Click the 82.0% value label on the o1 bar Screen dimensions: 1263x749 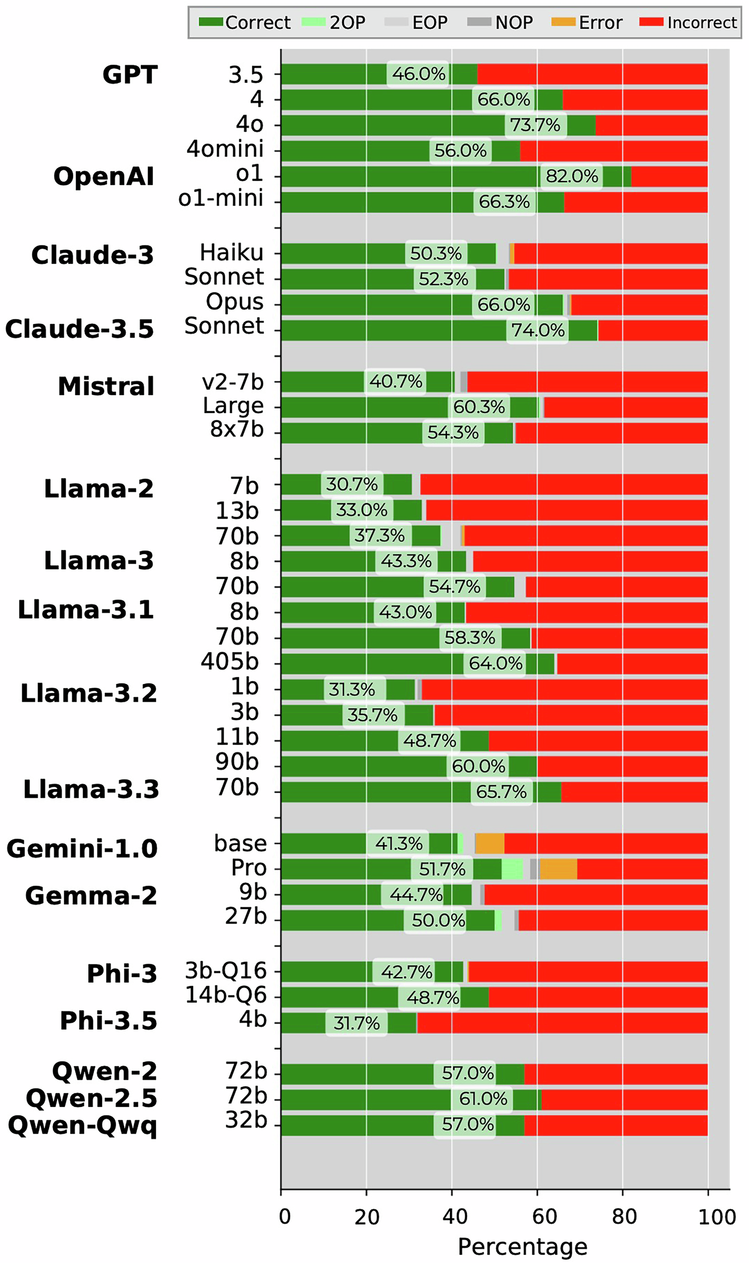point(571,176)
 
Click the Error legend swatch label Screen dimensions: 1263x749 point(600,23)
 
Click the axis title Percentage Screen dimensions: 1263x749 point(522,1246)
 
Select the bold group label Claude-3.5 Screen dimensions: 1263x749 point(79,329)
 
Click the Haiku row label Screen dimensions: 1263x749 point(231,252)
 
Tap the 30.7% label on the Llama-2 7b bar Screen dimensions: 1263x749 point(352,484)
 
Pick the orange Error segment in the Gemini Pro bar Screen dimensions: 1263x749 point(558,869)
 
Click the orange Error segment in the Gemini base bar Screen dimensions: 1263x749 point(489,844)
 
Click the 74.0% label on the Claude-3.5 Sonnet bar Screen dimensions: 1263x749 point(537,330)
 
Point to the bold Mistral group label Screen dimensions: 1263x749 point(106,386)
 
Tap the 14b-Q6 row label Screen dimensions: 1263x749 point(226,995)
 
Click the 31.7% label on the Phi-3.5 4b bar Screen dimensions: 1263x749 point(356,1023)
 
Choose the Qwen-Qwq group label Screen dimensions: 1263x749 point(82,1126)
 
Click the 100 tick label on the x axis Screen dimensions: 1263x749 point(716,1217)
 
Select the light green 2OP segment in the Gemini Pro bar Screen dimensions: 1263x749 point(512,869)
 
